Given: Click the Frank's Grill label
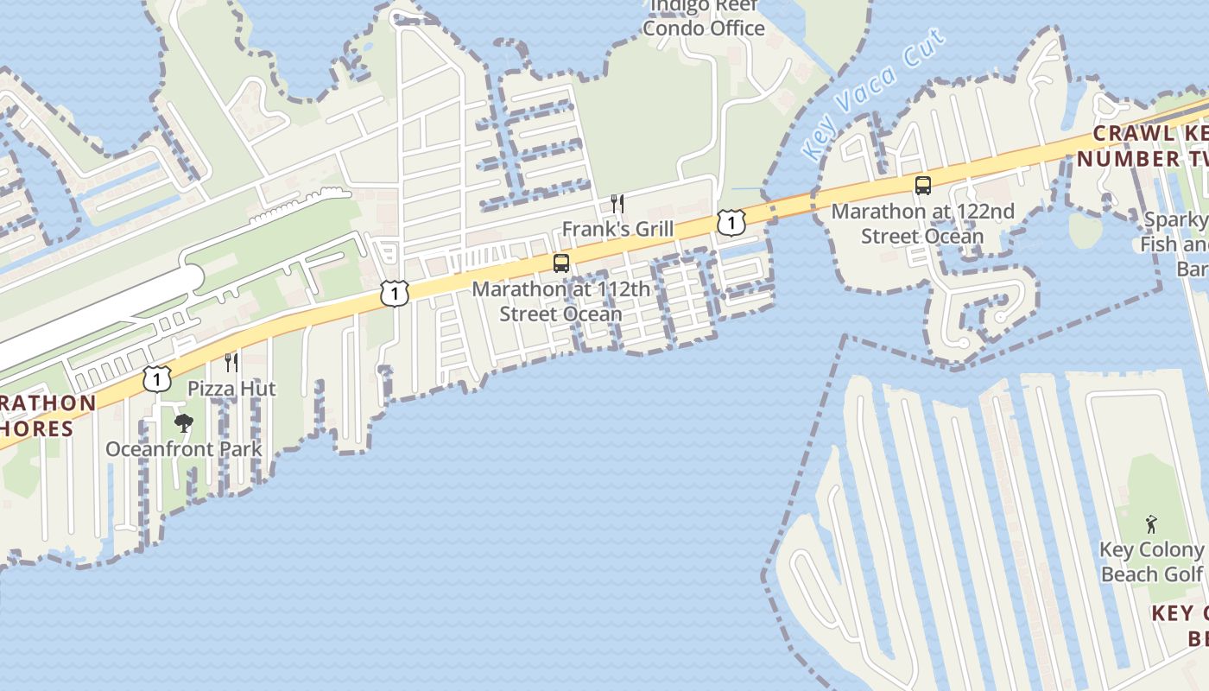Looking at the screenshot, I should point(617,230).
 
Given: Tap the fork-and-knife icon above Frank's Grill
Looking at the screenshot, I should point(617,204).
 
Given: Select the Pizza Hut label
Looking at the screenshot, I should point(231,389).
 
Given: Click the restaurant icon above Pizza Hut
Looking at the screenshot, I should point(231,362).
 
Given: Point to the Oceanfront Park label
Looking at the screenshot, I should point(183,449).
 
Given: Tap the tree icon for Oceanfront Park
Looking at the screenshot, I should point(183,423).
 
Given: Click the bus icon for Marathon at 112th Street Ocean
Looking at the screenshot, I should point(561,263).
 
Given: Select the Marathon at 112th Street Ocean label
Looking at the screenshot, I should point(560,301).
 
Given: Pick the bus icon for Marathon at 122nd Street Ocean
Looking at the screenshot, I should point(923,186).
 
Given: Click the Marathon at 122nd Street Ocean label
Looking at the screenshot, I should point(923,224).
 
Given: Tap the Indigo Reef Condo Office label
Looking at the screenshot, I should point(704,17).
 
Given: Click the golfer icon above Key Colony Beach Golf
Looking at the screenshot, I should point(1151,523).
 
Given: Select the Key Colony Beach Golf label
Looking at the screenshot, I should point(1151,562).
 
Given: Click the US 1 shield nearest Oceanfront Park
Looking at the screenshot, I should point(156,378).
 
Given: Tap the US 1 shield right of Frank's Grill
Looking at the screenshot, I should point(731,223).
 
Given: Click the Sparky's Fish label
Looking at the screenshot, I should point(1174,244).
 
